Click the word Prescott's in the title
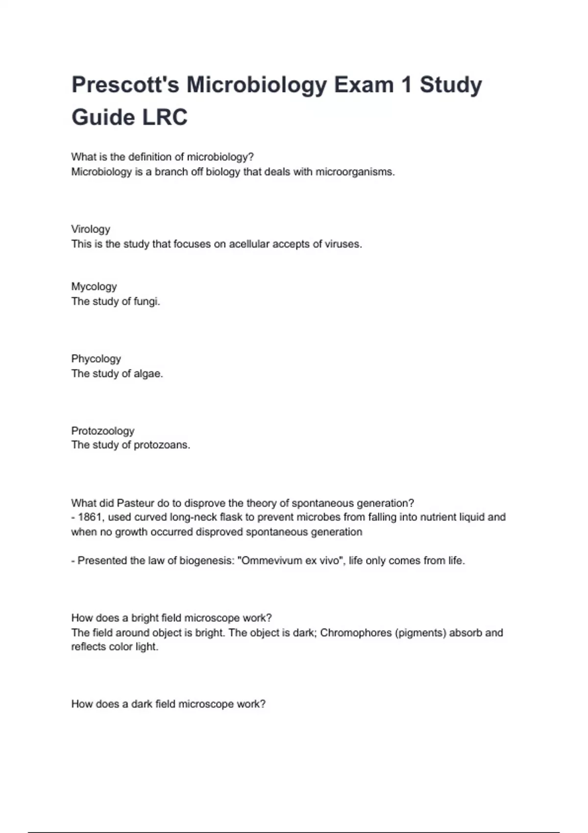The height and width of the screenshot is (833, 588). pyautogui.click(x=125, y=85)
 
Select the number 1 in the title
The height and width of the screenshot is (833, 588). pyautogui.click(x=406, y=85)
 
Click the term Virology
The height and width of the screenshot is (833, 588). pyautogui.click(x=91, y=229)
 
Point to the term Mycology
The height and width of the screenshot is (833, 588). pyautogui.click(x=94, y=287)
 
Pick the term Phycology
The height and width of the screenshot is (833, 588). pyautogui.click(x=96, y=359)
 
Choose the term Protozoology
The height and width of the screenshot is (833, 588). pyautogui.click(x=103, y=431)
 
